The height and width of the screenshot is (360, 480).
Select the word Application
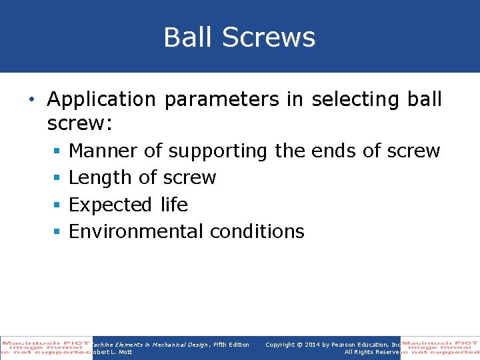(x=101, y=99)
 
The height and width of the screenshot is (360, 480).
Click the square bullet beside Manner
(x=58, y=151)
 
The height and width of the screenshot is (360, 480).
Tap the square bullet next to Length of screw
(x=58, y=178)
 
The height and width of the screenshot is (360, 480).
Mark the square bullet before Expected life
(x=58, y=205)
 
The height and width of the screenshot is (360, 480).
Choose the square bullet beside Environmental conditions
(x=58, y=231)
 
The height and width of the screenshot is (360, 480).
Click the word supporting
(x=218, y=151)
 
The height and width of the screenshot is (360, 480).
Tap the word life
(x=174, y=205)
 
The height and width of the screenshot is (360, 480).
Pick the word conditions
(x=257, y=231)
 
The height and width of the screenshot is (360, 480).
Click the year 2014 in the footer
(x=311, y=345)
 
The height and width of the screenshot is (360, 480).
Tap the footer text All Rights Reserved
(x=372, y=352)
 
